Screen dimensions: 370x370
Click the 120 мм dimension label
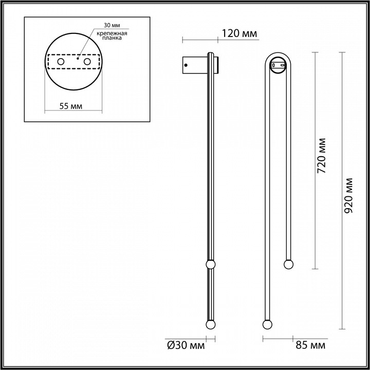click(x=239, y=34)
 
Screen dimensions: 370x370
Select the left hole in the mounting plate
click(x=61, y=62)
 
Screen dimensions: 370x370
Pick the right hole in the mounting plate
click(x=87, y=62)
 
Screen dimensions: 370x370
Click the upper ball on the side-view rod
click(x=210, y=265)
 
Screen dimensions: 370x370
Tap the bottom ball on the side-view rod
click(x=210, y=325)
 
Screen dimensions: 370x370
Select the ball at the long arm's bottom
click(x=267, y=325)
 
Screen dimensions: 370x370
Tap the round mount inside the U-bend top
click(x=279, y=66)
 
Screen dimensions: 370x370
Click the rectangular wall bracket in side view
click(x=194, y=65)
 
